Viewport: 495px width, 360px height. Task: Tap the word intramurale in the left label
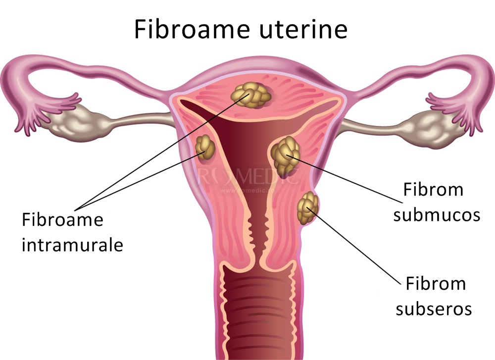pos(72,245)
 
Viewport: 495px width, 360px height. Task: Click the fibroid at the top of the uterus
pos(250,95)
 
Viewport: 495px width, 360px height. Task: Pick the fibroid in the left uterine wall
pos(205,147)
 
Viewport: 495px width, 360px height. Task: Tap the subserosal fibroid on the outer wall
pos(308,207)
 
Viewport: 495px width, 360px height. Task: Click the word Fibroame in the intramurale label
pos(62,219)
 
